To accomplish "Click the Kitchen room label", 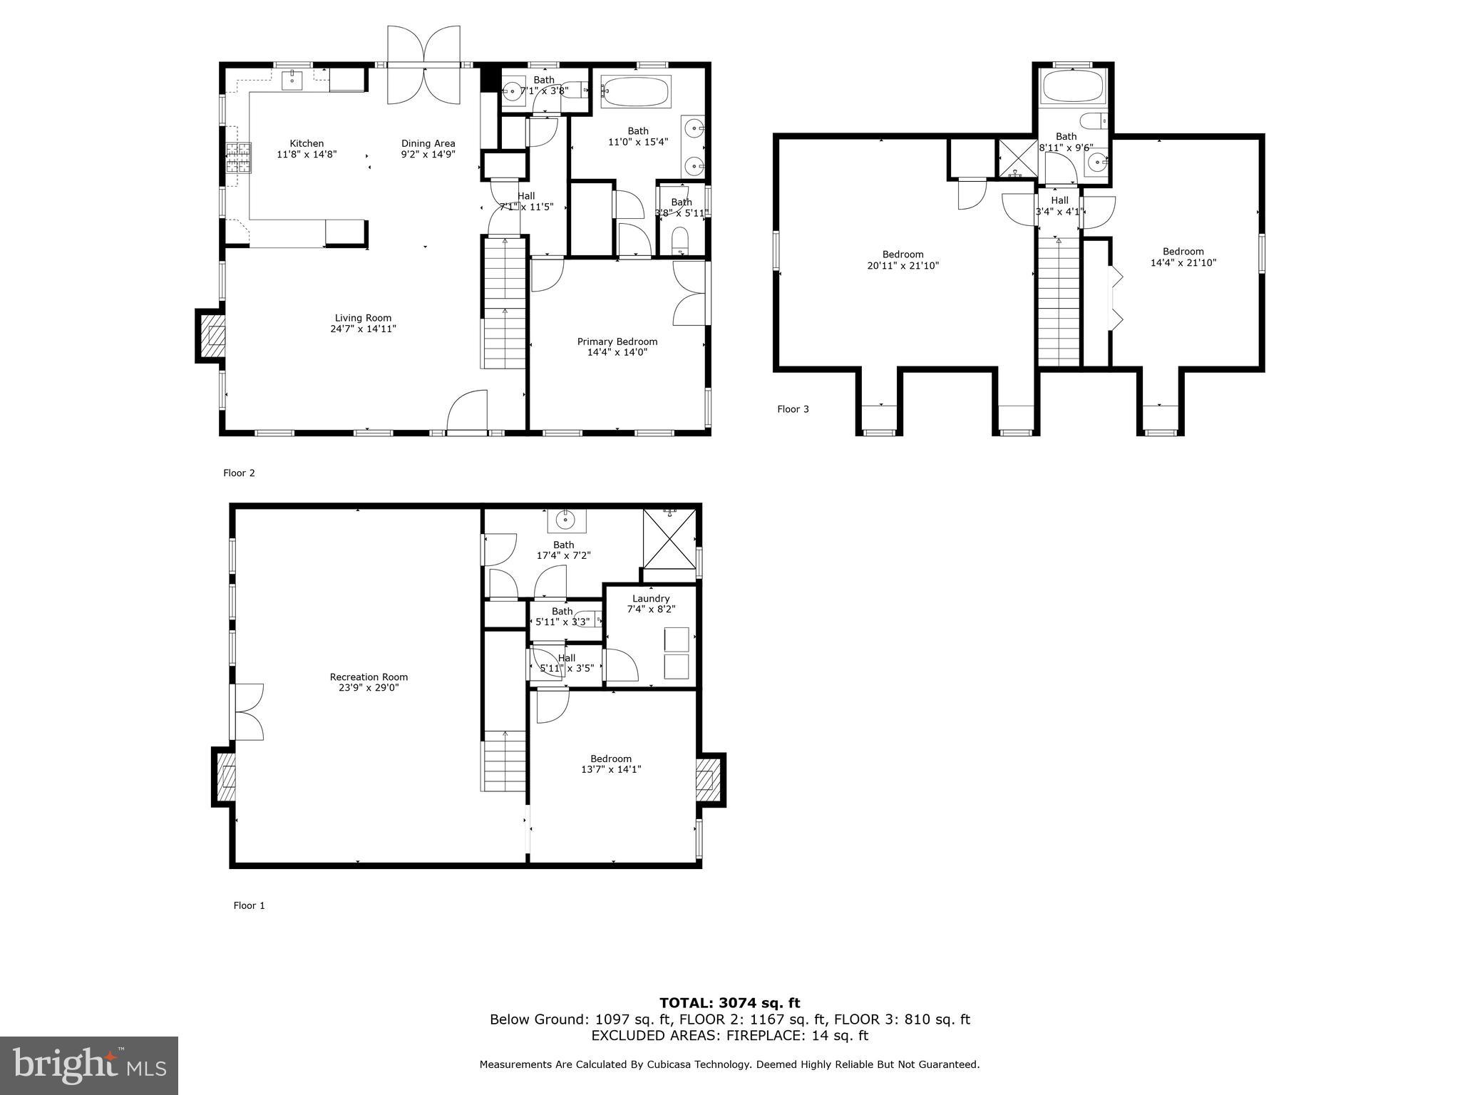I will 307,143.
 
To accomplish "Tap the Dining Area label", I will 428,143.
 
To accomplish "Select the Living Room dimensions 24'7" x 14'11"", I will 363,329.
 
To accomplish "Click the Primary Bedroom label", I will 617,341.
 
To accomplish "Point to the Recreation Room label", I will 369,677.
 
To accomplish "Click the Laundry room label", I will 650,599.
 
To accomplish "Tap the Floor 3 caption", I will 793,409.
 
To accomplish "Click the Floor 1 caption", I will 249,905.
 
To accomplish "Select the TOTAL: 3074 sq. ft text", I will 729,1003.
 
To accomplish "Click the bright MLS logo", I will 89,1066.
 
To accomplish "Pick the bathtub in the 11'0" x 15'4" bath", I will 635,92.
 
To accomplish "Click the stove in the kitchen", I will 239,158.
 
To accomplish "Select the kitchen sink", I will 292,81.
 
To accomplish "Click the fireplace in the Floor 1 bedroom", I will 708,780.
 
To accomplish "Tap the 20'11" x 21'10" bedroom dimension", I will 903,266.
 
